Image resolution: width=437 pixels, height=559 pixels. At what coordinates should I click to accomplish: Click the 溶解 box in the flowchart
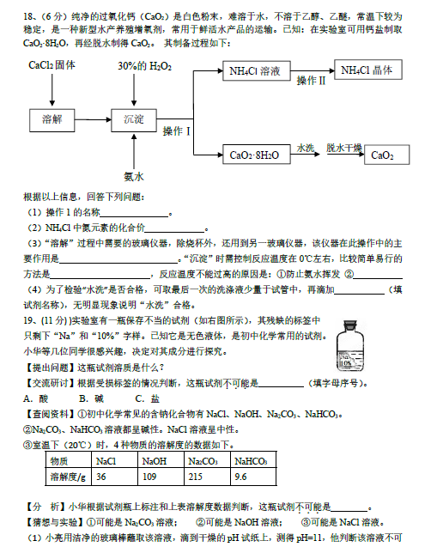pos(52,120)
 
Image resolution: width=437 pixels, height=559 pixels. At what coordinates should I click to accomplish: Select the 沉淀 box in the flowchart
pos(134,120)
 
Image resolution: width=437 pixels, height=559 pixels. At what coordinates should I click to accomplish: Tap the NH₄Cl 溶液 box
pos(257,71)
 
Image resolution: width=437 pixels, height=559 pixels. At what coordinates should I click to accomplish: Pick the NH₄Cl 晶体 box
pos(367,70)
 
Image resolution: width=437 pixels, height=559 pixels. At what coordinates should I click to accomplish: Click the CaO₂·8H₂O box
pos(257,155)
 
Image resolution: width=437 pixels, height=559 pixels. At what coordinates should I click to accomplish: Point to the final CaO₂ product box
pos(386,155)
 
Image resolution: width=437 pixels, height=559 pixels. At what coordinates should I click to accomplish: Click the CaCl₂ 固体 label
pos(52,65)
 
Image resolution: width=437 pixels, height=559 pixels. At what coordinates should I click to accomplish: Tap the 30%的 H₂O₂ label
pos(145,66)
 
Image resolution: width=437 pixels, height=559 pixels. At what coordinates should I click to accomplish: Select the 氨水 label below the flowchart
pos(134,177)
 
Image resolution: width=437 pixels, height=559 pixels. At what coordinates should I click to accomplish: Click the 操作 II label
pos(311,81)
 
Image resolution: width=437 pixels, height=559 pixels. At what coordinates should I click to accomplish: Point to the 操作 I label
pos(177,131)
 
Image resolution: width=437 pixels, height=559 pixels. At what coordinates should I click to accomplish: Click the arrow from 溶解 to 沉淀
pos(93,120)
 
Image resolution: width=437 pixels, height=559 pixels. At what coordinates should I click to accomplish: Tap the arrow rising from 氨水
pos(134,151)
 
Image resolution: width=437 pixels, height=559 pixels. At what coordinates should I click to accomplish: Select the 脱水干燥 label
pos(344,148)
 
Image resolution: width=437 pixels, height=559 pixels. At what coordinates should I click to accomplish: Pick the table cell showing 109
pos(161,477)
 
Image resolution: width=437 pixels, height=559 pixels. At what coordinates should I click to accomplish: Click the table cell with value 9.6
pos(253,477)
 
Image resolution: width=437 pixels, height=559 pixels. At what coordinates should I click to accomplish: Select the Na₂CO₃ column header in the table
pos(207,460)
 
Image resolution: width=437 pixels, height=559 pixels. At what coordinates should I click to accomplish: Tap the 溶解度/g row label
pos(68,477)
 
